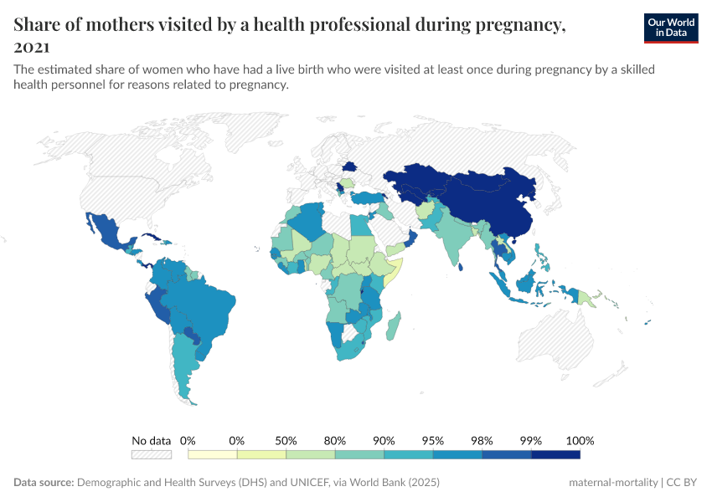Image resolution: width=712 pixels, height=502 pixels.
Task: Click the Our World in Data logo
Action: point(671,27)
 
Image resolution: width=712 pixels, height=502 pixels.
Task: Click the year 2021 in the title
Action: point(32,47)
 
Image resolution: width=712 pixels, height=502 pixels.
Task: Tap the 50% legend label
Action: point(286,440)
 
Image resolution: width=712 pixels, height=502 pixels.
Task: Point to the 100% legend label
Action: point(580,440)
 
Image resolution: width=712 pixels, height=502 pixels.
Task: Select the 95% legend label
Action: point(433,440)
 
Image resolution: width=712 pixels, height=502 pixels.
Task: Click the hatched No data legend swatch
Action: point(152,454)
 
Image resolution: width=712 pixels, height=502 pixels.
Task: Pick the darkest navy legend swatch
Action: point(555,454)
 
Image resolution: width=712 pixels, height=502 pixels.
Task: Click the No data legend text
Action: point(152,440)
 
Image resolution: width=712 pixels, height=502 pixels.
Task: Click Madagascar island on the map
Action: point(395,325)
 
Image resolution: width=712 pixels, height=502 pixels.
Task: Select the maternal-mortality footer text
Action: point(612,483)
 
